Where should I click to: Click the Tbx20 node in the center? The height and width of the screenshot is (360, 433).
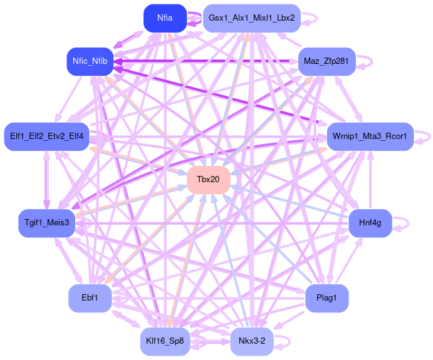point(208,180)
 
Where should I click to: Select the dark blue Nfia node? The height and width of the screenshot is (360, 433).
point(165,18)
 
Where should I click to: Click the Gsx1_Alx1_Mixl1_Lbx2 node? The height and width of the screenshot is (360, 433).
point(252,18)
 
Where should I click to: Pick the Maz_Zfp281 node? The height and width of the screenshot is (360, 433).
point(326,61)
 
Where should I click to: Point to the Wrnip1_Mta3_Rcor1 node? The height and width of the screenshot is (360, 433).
point(370,136)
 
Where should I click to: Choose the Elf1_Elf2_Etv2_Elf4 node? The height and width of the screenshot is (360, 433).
point(47,136)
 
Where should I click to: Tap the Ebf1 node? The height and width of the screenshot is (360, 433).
point(90,298)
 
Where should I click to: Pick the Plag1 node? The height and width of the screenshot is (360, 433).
point(326,298)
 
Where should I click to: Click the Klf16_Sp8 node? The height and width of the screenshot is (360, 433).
point(165,341)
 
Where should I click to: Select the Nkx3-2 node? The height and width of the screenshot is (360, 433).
point(252,341)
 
